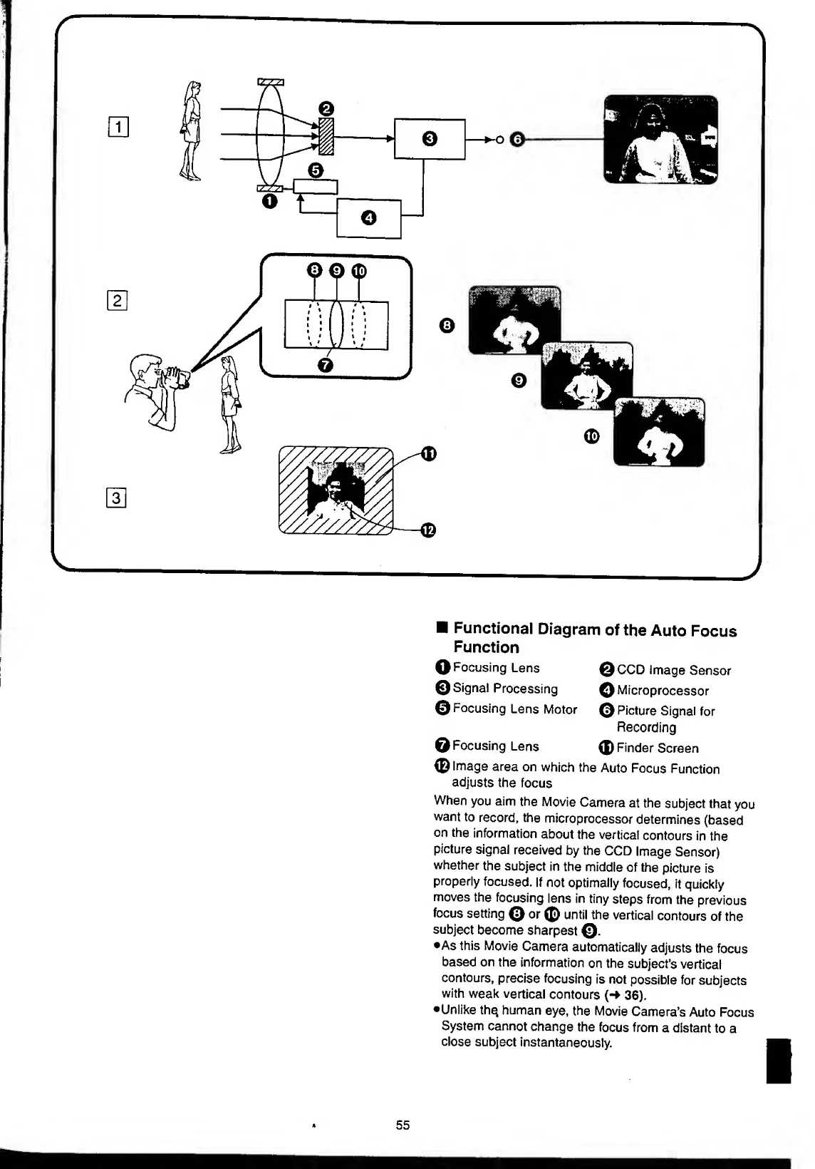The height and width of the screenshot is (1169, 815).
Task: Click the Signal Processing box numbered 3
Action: click(430, 138)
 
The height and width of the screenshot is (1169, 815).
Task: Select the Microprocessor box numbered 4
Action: click(368, 218)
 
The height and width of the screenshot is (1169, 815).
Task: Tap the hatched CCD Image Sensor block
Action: click(326, 135)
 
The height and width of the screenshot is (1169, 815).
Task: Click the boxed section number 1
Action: click(118, 129)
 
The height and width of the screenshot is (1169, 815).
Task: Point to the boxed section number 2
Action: click(118, 301)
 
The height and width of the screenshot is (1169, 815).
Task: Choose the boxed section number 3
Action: click(118, 498)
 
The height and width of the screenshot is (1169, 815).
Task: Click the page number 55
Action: click(403, 1125)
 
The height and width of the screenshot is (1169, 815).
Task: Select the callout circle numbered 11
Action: click(427, 453)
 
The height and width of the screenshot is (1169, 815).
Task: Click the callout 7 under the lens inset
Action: click(326, 365)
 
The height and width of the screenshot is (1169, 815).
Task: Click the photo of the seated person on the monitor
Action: click(660, 140)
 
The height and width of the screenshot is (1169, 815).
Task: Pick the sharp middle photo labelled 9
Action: click(587, 376)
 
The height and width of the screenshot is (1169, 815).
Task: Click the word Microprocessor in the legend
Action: click(663, 691)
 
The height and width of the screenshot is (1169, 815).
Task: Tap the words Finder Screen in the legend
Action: click(657, 748)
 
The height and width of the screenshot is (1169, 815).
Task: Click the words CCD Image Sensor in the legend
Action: click(673, 671)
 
